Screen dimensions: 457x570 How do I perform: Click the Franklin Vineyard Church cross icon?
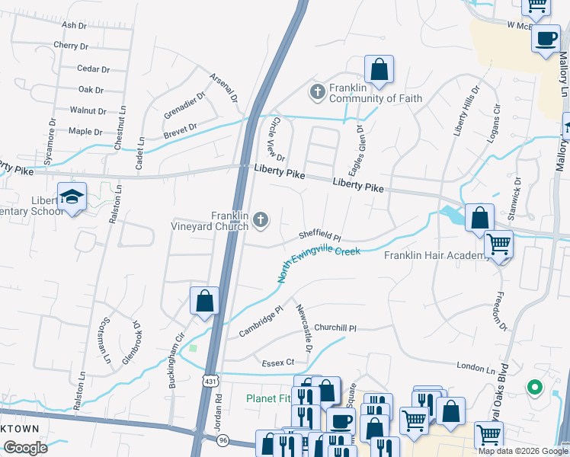click(261, 221)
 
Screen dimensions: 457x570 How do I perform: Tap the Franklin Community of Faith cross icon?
click(318, 92)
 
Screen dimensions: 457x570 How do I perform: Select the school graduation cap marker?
click(73, 197)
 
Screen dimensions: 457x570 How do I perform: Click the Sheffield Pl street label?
click(319, 237)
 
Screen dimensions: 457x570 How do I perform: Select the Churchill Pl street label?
click(335, 328)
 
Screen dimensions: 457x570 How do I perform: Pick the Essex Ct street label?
click(278, 363)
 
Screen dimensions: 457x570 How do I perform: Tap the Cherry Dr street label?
click(72, 46)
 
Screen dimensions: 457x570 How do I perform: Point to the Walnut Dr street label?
click(88, 111)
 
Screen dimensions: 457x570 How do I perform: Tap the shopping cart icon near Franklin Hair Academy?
click(498, 244)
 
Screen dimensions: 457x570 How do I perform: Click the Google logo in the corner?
click(25, 448)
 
